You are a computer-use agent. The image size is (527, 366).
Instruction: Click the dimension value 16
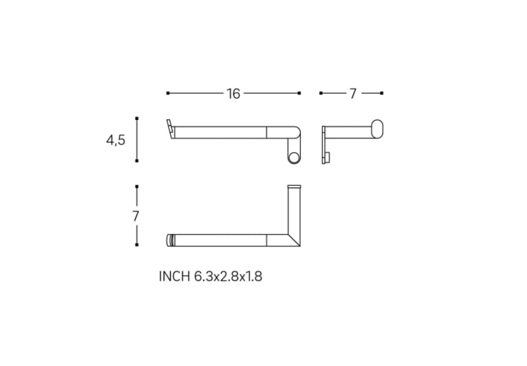click(233, 94)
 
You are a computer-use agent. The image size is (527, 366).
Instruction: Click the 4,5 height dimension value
click(116, 140)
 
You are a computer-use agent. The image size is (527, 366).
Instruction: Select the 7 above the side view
click(353, 94)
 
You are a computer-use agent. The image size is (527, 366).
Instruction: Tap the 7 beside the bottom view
click(136, 216)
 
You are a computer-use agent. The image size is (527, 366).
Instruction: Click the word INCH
click(174, 277)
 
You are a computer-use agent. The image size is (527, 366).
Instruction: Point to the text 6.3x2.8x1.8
click(228, 277)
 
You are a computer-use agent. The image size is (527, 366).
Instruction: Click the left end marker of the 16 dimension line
click(168, 93)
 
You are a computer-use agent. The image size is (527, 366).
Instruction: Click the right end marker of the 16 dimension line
click(299, 93)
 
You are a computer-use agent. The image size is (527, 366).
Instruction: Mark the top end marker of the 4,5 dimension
click(137, 119)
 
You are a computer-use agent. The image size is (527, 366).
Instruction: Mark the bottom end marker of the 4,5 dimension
click(137, 161)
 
